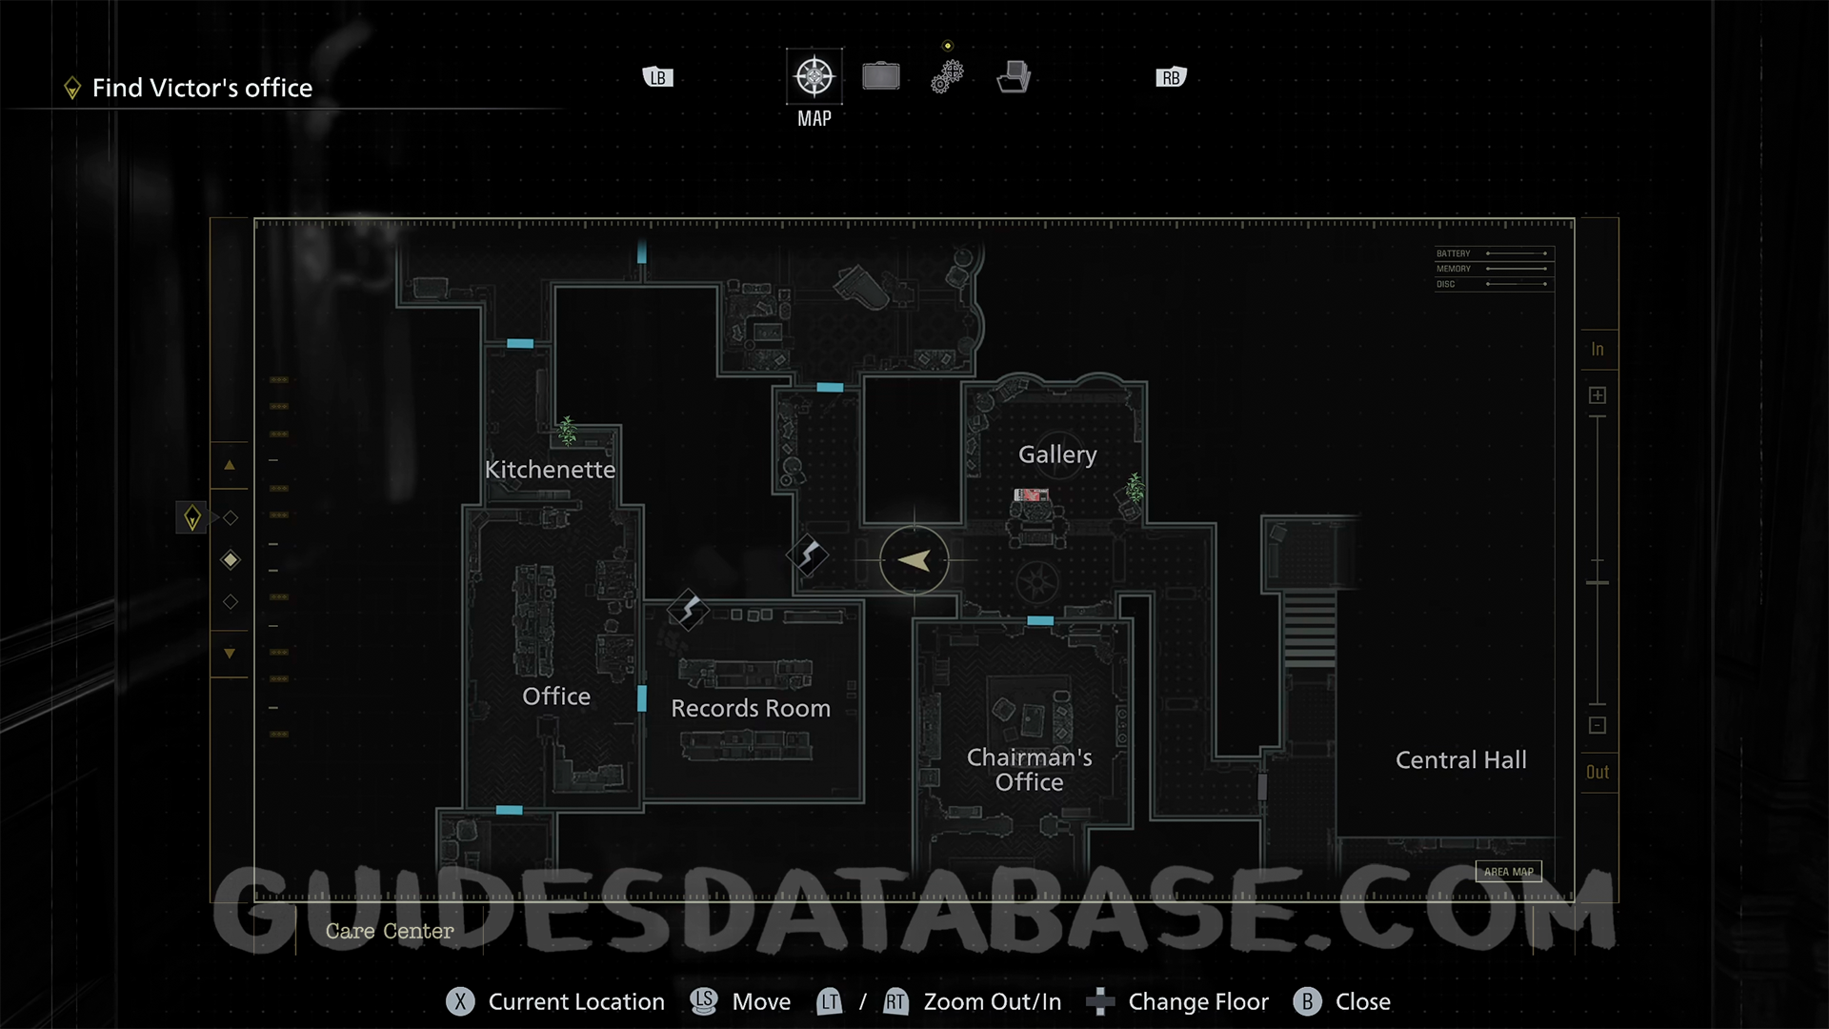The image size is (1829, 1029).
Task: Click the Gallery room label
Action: pyautogui.click(x=1057, y=454)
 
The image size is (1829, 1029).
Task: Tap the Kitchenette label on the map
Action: pyautogui.click(x=550, y=470)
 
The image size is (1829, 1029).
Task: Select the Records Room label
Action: pyautogui.click(x=751, y=709)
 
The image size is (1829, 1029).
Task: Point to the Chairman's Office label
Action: pyautogui.click(x=1029, y=770)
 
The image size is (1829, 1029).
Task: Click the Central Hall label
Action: pyautogui.click(x=1460, y=760)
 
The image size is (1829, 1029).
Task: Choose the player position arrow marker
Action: pyautogui.click(x=914, y=561)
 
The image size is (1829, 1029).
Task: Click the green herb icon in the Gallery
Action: pyautogui.click(x=1135, y=488)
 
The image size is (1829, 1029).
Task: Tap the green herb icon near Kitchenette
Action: pyautogui.click(x=568, y=431)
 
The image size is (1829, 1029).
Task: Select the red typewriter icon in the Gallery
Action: pyautogui.click(x=1031, y=494)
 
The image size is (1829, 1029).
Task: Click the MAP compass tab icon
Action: pyautogui.click(x=814, y=77)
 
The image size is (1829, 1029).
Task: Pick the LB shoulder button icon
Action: pyautogui.click(x=658, y=78)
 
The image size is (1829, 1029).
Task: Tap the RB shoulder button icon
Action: pyautogui.click(x=1171, y=78)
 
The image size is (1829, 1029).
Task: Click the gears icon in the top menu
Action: pyautogui.click(x=947, y=76)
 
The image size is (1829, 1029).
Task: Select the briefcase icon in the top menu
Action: pyautogui.click(x=881, y=76)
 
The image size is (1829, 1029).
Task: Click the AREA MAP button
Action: pyautogui.click(x=1508, y=872)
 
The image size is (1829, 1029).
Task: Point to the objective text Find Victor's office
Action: pyautogui.click(x=202, y=89)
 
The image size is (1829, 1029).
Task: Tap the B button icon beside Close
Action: pyautogui.click(x=1307, y=1002)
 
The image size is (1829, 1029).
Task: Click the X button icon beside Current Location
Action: pyautogui.click(x=460, y=1002)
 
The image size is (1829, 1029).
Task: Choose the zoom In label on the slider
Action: pyautogui.click(x=1598, y=350)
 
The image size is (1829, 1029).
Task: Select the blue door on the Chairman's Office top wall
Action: pyautogui.click(x=1040, y=621)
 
